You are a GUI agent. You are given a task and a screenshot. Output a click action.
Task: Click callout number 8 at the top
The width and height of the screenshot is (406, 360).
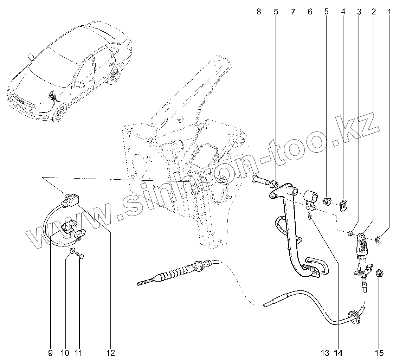[x=259, y=12]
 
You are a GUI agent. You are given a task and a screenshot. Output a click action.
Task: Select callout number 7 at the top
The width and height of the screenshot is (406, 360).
[x=293, y=12]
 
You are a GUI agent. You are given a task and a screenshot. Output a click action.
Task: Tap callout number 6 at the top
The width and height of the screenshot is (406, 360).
[x=310, y=12]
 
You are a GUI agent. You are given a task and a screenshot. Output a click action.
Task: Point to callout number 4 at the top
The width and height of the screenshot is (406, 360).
[x=343, y=12]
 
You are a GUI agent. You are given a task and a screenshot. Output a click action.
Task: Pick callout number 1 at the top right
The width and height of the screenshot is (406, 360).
[x=389, y=12]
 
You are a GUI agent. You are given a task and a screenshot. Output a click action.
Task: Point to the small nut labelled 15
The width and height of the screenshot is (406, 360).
[x=379, y=273]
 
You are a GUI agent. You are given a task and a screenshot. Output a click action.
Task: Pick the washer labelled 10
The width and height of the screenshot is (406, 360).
[x=72, y=251]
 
